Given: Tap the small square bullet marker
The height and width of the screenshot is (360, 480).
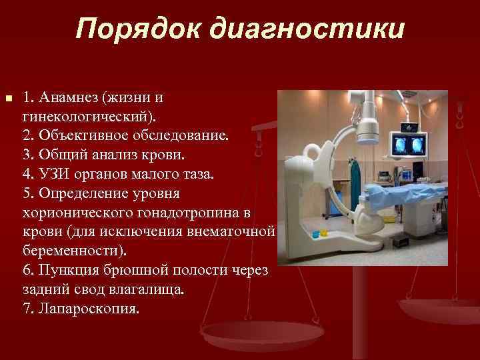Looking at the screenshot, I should (8, 99).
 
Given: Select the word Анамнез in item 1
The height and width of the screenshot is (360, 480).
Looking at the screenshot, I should (69, 97).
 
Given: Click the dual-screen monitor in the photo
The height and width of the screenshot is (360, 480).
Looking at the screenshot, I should (409, 145).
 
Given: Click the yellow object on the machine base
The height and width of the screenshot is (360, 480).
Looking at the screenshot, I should (323, 233).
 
